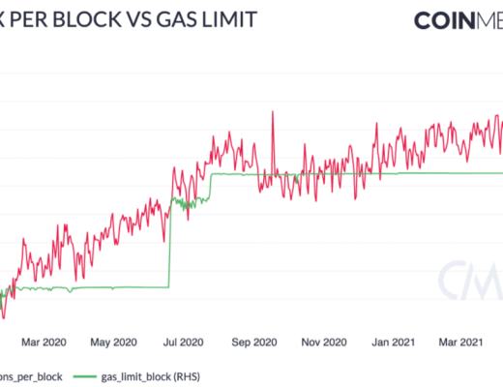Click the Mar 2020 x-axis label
pyautogui.click(x=44, y=341)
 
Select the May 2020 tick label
pyautogui.click(x=113, y=341)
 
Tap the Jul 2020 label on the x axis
pyautogui.click(x=183, y=341)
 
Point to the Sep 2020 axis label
pyautogui.click(x=252, y=341)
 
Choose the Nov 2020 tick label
pyautogui.click(x=322, y=341)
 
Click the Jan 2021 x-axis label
pyautogui.click(x=393, y=341)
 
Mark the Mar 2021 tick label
pyautogui.click(x=461, y=341)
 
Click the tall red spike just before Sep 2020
pyautogui.click(x=273, y=114)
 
